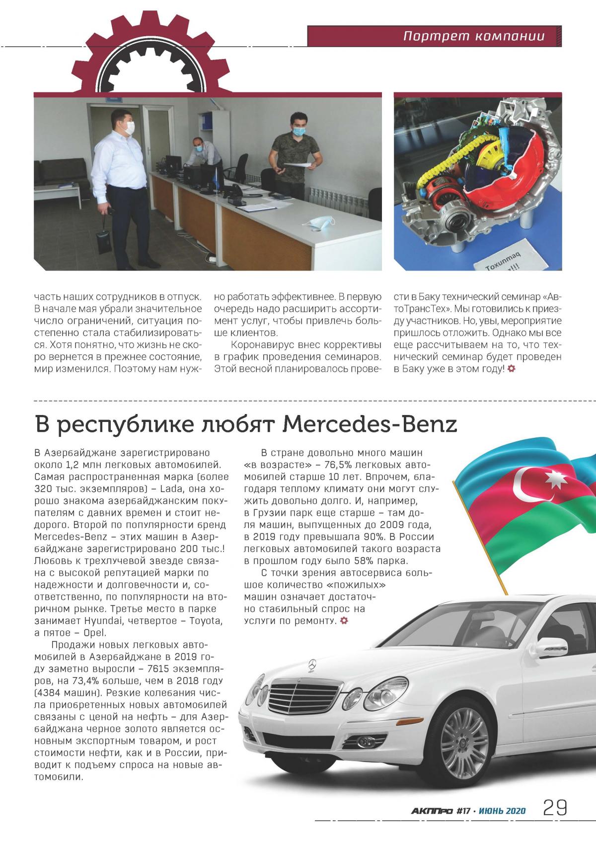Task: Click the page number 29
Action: coord(555,807)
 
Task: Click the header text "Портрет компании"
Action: coord(473,37)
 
